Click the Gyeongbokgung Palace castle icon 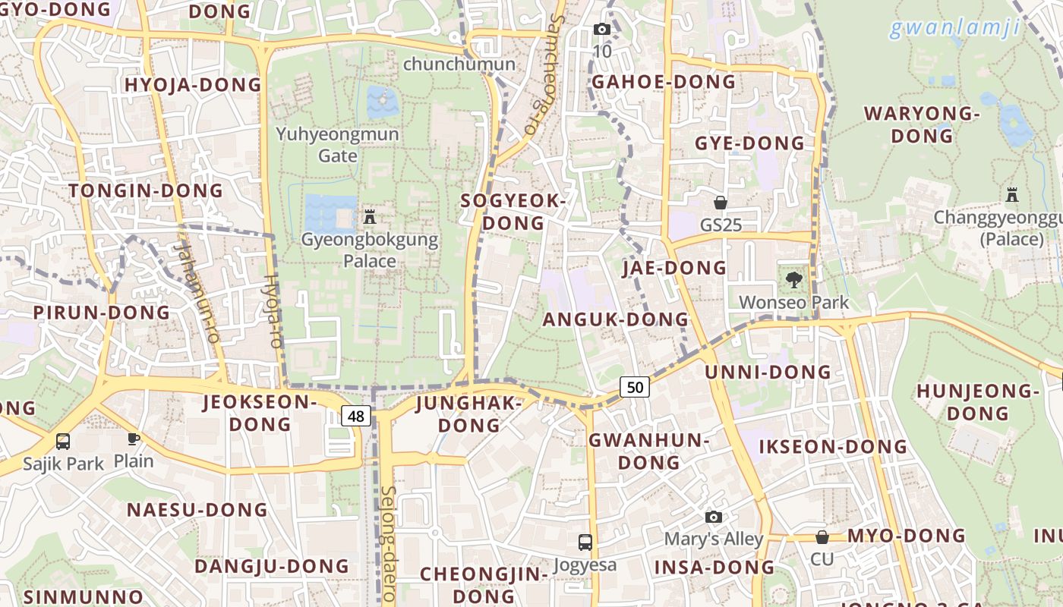(x=370, y=217)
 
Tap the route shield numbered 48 (x=356, y=415)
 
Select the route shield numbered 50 (x=635, y=387)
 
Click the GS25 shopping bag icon (x=721, y=203)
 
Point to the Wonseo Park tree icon (x=794, y=279)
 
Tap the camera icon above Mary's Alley (x=714, y=517)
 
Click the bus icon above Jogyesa (x=585, y=542)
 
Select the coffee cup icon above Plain (x=134, y=438)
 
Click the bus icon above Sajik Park (x=63, y=441)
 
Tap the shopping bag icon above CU (x=822, y=537)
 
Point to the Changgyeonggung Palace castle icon (x=1012, y=194)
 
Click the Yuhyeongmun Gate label (x=337, y=145)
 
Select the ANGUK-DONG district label (x=615, y=319)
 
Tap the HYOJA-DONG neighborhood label (x=193, y=84)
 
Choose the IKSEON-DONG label (x=834, y=446)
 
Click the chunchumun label (x=459, y=64)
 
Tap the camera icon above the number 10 (x=602, y=29)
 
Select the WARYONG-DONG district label (x=922, y=125)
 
